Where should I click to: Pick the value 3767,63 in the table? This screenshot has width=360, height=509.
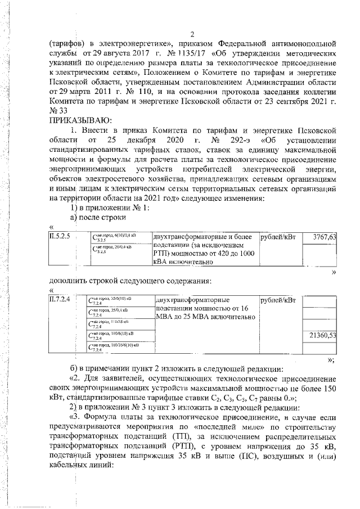tap(320, 237)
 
